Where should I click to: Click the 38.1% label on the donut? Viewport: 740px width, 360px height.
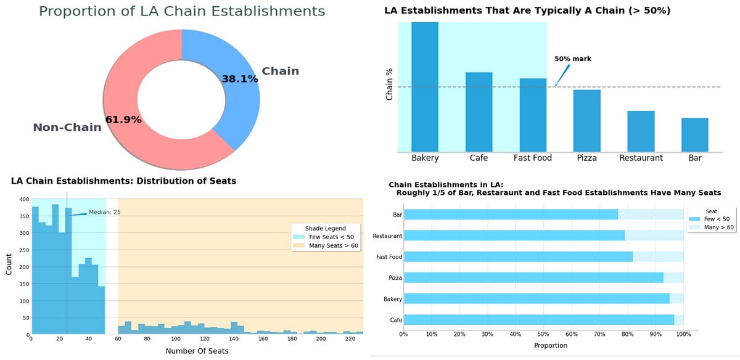coord(239,79)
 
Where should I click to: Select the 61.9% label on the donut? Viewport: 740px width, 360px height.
coord(123,120)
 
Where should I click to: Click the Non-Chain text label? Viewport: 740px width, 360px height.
coord(67,128)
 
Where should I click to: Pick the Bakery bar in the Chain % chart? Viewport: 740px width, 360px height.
coord(425,87)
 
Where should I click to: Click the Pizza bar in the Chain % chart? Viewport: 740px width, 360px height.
coord(586,121)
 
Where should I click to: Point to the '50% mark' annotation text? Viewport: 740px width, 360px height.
coord(572,59)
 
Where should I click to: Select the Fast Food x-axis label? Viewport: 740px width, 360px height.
coord(532,158)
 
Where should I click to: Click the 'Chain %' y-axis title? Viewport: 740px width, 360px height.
coord(389,84)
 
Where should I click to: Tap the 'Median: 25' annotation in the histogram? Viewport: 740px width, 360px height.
coord(104,212)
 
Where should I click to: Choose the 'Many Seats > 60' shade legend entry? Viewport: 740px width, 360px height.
coord(333,246)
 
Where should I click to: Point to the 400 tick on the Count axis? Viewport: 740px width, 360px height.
coord(23,200)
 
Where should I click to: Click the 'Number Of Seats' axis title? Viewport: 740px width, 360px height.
coord(197,351)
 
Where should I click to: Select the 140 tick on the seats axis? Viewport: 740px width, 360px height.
coord(234,338)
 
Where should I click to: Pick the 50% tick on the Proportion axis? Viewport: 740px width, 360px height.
coord(543,335)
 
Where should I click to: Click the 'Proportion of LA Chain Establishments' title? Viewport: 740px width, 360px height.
coord(181,11)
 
